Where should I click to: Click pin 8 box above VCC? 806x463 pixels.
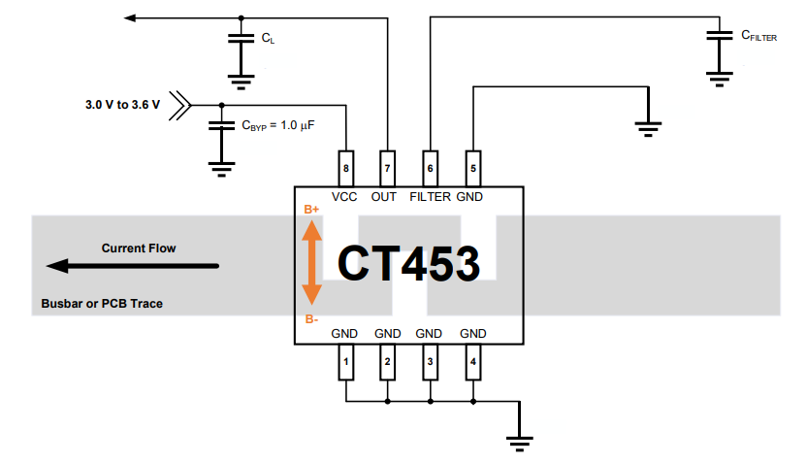(346, 166)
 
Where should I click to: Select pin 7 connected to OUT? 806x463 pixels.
(388, 166)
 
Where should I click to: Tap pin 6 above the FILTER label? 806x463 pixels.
(431, 166)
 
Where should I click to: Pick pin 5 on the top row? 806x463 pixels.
(472, 166)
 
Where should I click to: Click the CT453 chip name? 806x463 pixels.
(408, 264)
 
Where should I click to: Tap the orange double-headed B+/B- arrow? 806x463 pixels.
(311, 262)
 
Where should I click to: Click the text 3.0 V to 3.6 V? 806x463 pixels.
(123, 102)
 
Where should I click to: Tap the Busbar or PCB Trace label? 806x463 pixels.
(102, 304)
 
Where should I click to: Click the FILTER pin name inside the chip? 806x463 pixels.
(430, 197)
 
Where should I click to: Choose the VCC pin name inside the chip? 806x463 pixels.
(344, 197)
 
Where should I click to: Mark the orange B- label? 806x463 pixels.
(311, 318)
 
